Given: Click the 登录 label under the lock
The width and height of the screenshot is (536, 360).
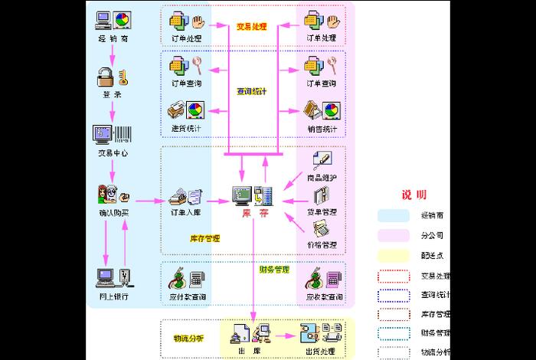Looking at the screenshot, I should pos(112,95).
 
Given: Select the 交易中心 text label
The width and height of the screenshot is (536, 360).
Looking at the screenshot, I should pos(112,152).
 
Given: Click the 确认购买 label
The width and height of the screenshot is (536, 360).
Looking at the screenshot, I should pos(113,212).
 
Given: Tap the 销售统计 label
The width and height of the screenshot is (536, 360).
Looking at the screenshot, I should pos(322,129).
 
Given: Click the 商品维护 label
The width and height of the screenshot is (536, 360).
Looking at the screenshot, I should pos(322,177).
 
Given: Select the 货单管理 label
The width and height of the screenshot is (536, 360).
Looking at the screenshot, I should pos(322,211).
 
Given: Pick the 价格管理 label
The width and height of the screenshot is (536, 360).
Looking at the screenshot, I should pos(322,245).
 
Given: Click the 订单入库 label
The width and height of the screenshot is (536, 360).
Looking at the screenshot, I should pos(186,212).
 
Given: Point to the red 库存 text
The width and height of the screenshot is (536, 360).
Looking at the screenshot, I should pos(254,212).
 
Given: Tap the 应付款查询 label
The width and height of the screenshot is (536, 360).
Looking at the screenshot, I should pos(186,296).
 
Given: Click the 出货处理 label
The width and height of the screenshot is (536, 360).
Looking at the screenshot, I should pos(322,352).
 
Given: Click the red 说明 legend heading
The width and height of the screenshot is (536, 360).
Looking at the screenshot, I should pos(414,195).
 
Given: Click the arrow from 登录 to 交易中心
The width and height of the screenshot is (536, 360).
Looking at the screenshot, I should pos(112,112).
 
